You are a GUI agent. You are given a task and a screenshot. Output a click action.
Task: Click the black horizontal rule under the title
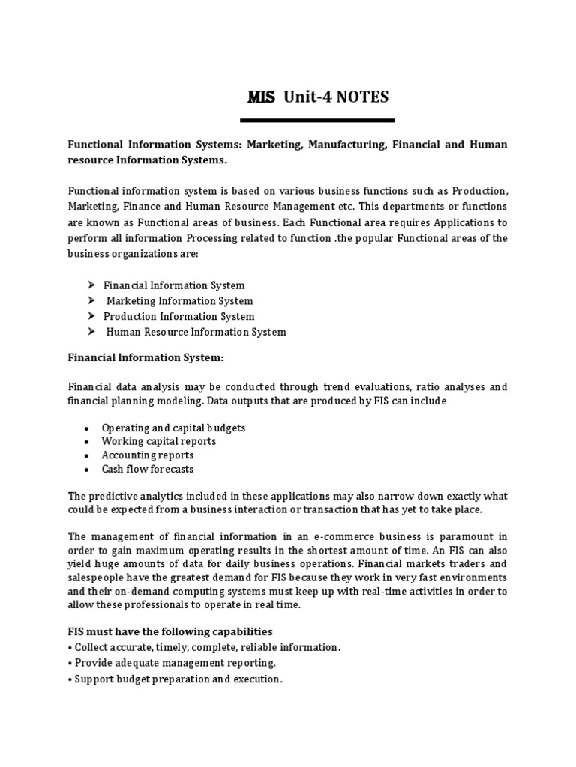coord(317,121)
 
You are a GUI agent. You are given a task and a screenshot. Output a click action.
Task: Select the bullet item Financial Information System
coord(174,285)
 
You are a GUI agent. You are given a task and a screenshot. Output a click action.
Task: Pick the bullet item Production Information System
coord(178,316)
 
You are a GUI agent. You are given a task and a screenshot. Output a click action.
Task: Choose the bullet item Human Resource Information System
coord(196,332)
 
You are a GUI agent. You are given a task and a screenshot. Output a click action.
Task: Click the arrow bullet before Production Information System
coord(91,316)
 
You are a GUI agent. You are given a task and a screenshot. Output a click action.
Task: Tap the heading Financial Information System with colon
coord(146,357)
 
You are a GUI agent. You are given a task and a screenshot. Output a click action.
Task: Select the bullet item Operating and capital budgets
coord(173,428)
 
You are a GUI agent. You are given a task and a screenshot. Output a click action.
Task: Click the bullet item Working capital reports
coord(159,441)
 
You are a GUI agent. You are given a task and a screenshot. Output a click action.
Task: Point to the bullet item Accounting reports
coord(148,455)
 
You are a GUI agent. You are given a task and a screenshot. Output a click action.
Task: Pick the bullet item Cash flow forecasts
coord(148,469)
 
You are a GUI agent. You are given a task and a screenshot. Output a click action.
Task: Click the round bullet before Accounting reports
coord(87,456)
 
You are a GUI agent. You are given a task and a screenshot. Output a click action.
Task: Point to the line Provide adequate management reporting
coord(172,663)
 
